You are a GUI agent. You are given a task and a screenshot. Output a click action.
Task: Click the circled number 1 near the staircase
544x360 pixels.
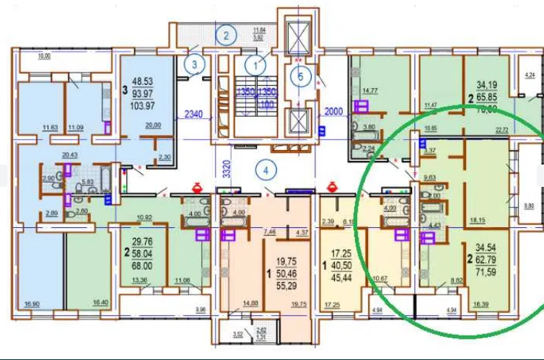(x=255, y=65)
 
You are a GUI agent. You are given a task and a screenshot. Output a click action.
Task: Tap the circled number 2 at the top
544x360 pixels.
(x=227, y=35)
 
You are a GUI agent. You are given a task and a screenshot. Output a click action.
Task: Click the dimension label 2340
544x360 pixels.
(x=193, y=114)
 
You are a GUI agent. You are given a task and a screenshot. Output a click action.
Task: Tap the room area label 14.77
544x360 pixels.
(x=371, y=91)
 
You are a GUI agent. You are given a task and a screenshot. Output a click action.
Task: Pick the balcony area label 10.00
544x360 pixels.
(x=45, y=55)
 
